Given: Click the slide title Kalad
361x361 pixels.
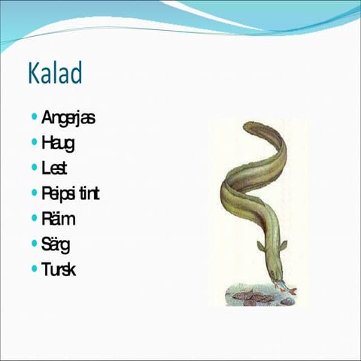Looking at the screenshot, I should (55, 74).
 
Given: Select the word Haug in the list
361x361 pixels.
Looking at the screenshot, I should (58, 142).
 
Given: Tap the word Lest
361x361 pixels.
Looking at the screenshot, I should (55, 168).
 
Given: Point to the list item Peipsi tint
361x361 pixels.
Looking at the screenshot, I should (71, 193).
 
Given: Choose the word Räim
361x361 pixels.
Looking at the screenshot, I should (59, 219).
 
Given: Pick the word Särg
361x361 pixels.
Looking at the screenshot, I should (56, 244).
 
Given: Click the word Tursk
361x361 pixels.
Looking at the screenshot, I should (59, 269).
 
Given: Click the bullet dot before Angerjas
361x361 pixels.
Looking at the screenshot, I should (35, 117).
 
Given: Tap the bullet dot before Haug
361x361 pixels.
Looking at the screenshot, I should (35, 142).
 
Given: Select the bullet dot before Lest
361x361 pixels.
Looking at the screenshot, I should (35, 168).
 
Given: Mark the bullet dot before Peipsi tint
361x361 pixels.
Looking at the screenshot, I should (35, 193).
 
